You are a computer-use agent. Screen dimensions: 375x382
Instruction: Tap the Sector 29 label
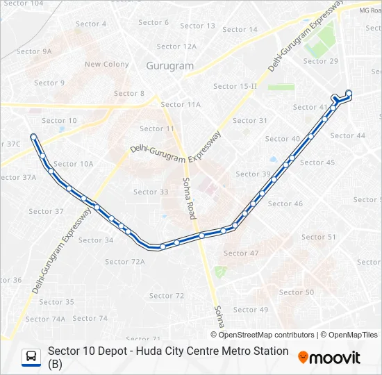click(320, 61)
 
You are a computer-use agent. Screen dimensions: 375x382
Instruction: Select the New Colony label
click(107, 65)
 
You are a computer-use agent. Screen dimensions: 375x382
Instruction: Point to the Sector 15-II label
click(235, 86)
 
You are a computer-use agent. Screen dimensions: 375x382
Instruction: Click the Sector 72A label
click(125, 262)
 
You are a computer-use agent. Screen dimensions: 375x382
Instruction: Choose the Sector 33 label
click(151, 192)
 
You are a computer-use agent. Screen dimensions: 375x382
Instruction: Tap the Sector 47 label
click(241, 253)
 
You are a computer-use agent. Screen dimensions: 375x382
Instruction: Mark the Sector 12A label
click(177, 47)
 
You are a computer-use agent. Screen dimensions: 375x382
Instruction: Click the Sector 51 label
click(319, 237)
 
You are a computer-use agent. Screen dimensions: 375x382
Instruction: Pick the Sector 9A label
click(34, 51)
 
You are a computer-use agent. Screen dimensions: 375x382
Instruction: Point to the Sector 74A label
click(50, 319)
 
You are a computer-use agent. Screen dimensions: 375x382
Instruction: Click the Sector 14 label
click(240, 30)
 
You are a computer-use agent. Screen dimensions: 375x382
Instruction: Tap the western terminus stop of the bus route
click(33, 137)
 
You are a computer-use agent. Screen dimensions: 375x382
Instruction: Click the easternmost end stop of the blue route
click(349, 93)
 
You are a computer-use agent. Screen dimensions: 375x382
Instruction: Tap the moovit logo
click(330, 358)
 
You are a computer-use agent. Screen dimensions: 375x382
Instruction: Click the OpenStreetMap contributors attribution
click(267, 335)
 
